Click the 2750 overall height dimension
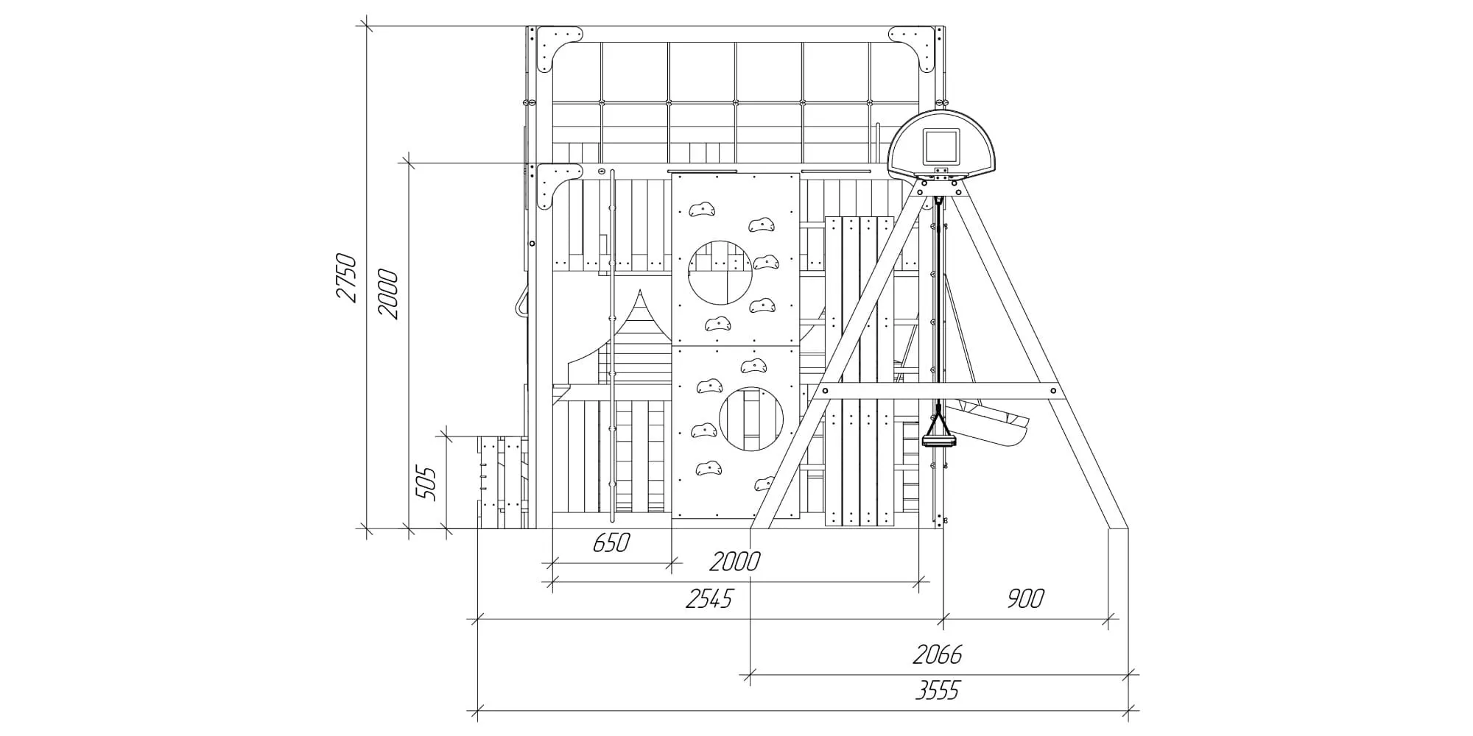(346, 277)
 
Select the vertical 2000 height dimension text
(387, 294)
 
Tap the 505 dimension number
(426, 484)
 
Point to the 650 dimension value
(611, 543)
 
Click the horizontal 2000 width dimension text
(735, 562)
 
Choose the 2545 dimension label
(709, 599)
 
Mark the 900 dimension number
(1025, 599)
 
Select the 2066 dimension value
(938, 654)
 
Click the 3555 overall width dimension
(938, 691)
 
